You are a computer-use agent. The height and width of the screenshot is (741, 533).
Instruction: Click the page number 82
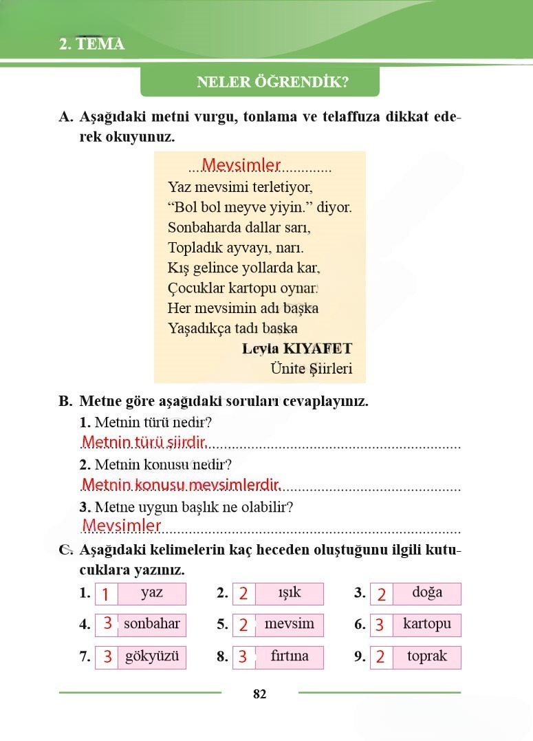259,694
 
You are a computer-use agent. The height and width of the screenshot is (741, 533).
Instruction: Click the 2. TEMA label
91,45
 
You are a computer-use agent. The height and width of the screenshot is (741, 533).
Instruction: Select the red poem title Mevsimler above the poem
241,164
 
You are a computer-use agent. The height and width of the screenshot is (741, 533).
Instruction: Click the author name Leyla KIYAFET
297,348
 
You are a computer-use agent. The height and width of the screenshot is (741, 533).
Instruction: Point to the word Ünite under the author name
287,369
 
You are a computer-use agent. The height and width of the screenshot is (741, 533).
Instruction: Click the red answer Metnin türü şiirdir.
144,441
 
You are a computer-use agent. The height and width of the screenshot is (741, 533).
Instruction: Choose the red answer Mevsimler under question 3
121,526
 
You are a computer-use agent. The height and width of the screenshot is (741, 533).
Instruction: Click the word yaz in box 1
152,592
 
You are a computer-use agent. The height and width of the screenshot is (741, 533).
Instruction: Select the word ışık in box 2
290,592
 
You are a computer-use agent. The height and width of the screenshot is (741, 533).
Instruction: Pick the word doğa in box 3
427,592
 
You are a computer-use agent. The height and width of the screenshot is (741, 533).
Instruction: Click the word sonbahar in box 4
152,624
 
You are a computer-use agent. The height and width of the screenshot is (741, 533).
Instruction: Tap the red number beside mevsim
243,625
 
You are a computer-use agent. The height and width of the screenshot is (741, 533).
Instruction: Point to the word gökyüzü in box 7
152,656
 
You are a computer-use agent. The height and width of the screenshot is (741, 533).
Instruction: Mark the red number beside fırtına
243,657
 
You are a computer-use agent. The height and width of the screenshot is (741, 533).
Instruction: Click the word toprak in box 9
427,656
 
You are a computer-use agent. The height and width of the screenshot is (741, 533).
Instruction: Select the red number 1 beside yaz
105,594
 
